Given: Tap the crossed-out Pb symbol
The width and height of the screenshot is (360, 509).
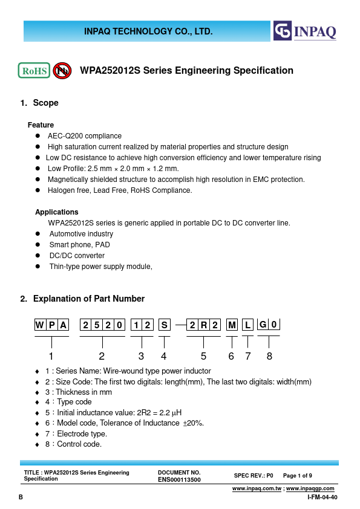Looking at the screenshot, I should tap(62, 71).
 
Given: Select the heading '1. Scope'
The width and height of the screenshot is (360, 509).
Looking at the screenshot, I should tap(39, 103).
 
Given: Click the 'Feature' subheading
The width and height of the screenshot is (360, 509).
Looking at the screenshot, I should tap(41, 125).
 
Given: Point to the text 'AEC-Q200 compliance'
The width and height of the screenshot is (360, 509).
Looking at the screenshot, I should tap(85, 136).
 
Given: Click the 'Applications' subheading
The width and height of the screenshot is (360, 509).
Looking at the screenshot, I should tap(57, 212).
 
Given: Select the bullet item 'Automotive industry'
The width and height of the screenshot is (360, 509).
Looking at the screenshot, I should tap(81, 234).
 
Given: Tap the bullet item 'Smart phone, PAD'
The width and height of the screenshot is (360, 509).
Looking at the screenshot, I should tap(79, 245).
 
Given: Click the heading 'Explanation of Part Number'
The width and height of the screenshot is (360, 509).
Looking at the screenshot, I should tap(88, 299).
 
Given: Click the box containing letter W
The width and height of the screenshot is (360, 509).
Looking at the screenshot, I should tap(39, 325).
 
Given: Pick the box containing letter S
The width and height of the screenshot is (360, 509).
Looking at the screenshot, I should tap(165, 325).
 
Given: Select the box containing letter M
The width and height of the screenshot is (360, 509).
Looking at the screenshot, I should tap(232, 325).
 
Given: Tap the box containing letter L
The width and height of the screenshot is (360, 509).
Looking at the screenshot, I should tap(247, 325).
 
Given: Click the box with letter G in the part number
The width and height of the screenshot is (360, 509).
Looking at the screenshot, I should tap(263, 325).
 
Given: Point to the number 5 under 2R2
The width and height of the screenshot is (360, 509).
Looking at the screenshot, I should tap(204, 356).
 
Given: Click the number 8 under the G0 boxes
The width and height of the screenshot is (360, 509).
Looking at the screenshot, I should tap(269, 356).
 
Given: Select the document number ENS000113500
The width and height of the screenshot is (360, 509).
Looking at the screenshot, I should tap(178, 479).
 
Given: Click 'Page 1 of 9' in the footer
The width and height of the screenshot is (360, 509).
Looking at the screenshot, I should tap(298, 476).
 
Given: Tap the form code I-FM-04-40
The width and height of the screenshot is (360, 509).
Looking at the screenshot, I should tap(322, 497).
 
